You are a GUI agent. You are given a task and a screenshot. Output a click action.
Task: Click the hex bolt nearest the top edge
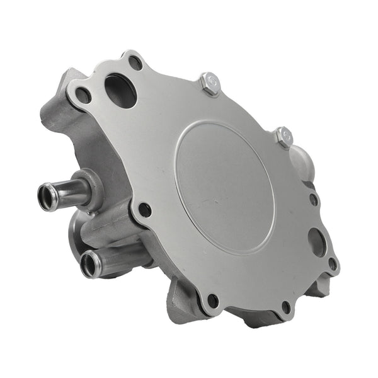click(209, 83)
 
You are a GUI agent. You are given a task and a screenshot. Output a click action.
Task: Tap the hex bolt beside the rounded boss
click(283, 136)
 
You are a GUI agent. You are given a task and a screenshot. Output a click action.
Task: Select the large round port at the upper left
click(120, 91)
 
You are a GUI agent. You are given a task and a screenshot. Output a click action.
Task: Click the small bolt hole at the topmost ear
click(135, 62)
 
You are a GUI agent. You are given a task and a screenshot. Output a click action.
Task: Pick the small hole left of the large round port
click(83, 95)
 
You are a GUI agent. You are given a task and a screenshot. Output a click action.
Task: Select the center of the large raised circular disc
click(224, 187)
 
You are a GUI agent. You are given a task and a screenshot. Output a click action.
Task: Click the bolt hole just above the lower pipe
click(144, 210)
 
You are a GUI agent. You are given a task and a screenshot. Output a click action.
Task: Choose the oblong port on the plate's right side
click(317, 241)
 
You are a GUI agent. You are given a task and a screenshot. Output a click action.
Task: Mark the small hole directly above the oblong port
click(313, 200)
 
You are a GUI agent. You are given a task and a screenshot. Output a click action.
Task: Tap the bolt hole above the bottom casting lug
click(213, 301)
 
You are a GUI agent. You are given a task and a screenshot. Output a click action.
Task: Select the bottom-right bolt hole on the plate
click(286, 307)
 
